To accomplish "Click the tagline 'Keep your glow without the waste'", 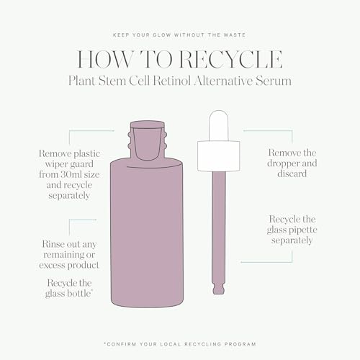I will tap(180, 34).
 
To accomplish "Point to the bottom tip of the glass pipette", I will tap(220, 291).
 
